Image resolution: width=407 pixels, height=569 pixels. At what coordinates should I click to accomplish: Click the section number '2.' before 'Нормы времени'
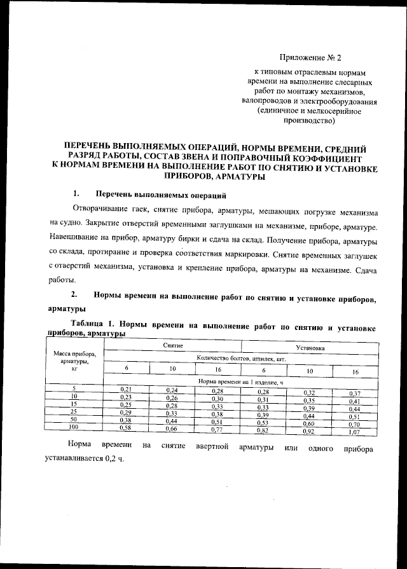click(75, 296)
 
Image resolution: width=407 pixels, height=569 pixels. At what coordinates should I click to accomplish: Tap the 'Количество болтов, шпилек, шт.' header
click(241, 359)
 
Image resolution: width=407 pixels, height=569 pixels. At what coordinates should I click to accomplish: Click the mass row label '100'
click(74, 427)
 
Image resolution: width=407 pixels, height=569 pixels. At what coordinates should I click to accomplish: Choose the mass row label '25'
click(74, 411)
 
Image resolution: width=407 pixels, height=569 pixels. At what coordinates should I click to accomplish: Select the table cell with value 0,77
click(217, 430)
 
